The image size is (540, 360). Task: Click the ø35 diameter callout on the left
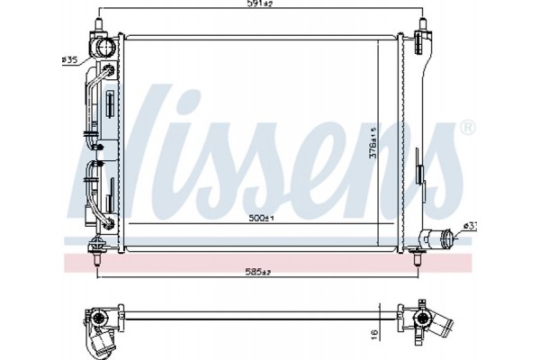coord(68,60)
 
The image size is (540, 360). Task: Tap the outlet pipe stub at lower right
coord(442,239)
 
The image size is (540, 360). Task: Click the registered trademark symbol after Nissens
coord(467,129)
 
